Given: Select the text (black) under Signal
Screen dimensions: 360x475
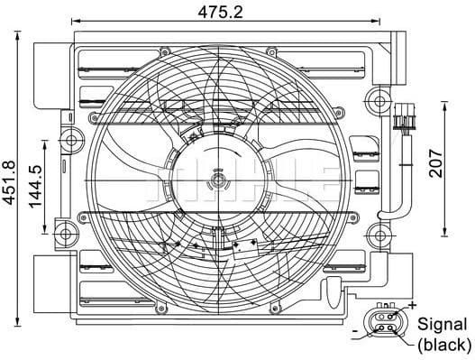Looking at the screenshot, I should [x=441, y=344].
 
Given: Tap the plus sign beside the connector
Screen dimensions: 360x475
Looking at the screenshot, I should [x=412, y=308].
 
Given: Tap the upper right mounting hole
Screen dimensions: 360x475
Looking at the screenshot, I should [x=376, y=97].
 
